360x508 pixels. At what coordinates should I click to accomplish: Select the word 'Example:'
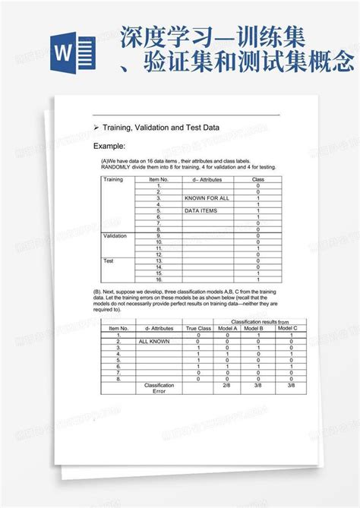click(x=109, y=146)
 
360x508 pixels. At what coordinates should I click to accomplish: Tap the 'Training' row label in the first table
click(x=113, y=180)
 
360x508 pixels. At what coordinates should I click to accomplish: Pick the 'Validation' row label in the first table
click(x=115, y=236)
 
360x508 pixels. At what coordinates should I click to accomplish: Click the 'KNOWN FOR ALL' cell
click(x=204, y=198)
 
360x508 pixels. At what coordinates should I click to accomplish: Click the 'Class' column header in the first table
click(x=258, y=180)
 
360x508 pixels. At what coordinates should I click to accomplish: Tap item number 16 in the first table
click(x=159, y=279)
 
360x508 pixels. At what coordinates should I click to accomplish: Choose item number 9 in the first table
click(x=159, y=236)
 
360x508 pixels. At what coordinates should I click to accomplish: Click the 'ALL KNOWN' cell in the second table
click(x=154, y=342)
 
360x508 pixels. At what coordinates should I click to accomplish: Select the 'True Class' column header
click(x=197, y=328)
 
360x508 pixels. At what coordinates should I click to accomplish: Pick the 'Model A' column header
click(x=227, y=328)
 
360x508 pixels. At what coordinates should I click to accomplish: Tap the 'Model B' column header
click(x=258, y=328)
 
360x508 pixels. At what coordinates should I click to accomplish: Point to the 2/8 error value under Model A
click(x=227, y=385)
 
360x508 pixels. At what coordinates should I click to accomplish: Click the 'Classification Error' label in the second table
click(x=159, y=388)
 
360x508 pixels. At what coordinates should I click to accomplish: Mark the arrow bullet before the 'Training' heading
click(x=96, y=128)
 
